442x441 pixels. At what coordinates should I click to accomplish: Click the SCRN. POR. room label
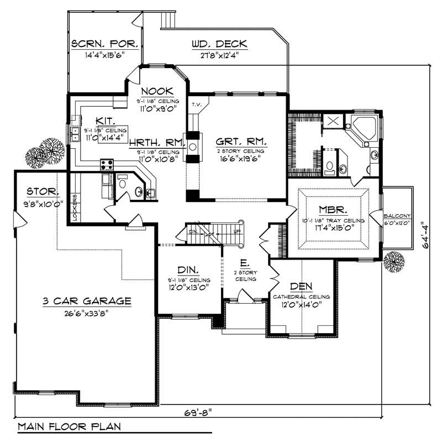[104, 44]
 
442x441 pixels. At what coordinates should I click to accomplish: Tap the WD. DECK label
[219, 44]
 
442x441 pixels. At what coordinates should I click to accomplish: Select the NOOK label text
[157, 91]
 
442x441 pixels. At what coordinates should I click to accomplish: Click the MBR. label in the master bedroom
[333, 210]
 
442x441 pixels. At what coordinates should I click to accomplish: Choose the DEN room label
[301, 286]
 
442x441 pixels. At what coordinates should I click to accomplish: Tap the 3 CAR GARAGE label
[87, 301]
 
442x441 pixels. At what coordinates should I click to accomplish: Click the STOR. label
[43, 191]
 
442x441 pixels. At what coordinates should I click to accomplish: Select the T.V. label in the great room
[196, 105]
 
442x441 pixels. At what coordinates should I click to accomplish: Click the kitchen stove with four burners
[106, 164]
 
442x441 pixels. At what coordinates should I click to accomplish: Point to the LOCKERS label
[75, 207]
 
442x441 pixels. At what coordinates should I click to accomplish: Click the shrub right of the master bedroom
[394, 260]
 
